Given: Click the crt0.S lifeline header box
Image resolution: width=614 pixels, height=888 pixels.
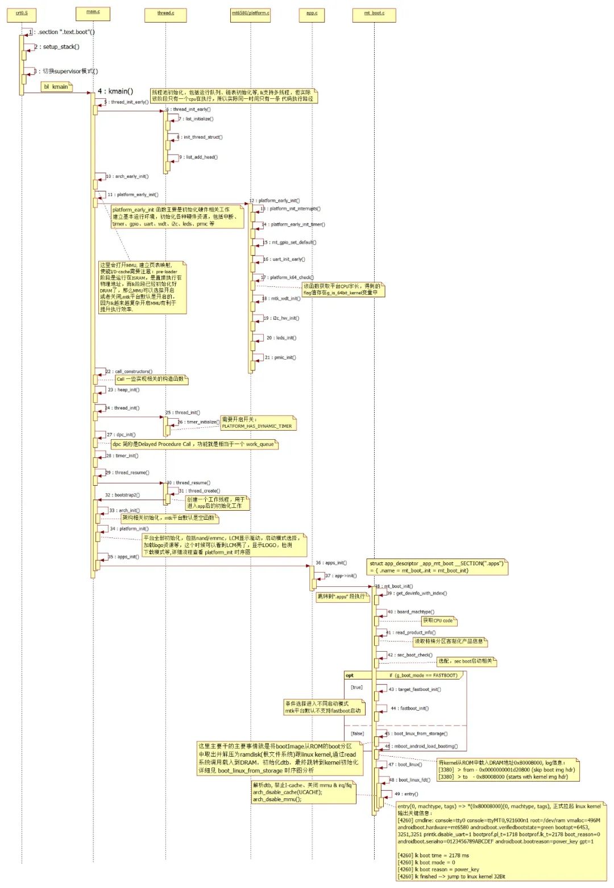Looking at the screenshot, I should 22,14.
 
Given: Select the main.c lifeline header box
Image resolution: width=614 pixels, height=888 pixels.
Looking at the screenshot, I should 93,12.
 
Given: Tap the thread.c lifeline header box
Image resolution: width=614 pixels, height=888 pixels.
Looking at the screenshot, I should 166,14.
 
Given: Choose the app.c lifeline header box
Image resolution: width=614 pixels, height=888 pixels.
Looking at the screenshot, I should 312,14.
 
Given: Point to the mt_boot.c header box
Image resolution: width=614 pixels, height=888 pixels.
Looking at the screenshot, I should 374,14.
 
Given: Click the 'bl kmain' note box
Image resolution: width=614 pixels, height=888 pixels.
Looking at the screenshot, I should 56,87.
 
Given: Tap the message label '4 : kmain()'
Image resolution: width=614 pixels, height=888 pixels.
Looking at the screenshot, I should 115,91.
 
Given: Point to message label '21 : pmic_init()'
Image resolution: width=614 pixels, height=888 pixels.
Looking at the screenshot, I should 281,357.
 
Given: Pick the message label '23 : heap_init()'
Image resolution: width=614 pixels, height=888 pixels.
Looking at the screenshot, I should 123,390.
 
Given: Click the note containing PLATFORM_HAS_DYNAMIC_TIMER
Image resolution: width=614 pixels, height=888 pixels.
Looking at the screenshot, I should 258,423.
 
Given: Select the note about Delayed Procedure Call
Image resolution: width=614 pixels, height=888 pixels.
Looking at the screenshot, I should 194,444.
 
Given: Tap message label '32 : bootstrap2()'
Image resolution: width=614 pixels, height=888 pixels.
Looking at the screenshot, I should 122,495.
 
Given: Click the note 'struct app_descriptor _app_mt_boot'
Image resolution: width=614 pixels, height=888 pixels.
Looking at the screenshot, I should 436,566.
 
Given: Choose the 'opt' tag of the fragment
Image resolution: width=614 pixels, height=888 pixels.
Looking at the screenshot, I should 350,676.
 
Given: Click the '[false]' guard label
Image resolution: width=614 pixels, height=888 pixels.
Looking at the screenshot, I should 358,733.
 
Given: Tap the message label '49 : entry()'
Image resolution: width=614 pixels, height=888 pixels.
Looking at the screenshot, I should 406,794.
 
